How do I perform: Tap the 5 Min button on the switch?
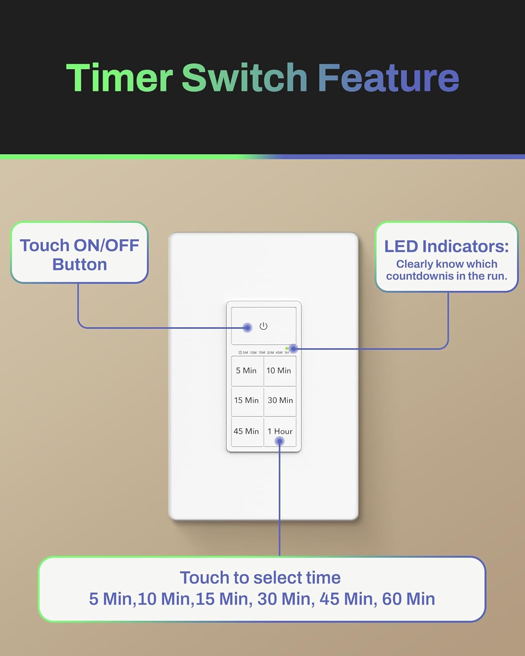click(x=246, y=371)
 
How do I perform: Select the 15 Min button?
click(x=246, y=401)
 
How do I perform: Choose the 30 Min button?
click(x=280, y=401)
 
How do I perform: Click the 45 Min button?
click(x=246, y=432)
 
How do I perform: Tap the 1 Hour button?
click(x=280, y=432)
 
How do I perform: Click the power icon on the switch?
click(x=263, y=326)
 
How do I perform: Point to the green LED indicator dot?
click(x=287, y=349)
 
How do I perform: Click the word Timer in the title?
click(x=119, y=78)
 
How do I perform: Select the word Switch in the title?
click(x=245, y=78)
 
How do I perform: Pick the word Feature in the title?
click(x=388, y=78)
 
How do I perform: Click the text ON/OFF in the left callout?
click(x=106, y=246)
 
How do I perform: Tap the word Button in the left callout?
click(x=80, y=265)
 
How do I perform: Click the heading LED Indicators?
click(x=447, y=247)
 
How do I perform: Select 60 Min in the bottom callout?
click(x=409, y=599)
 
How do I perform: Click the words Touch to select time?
click(x=260, y=578)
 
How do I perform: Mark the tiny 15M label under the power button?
click(x=262, y=352)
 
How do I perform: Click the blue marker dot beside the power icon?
click(x=248, y=328)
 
